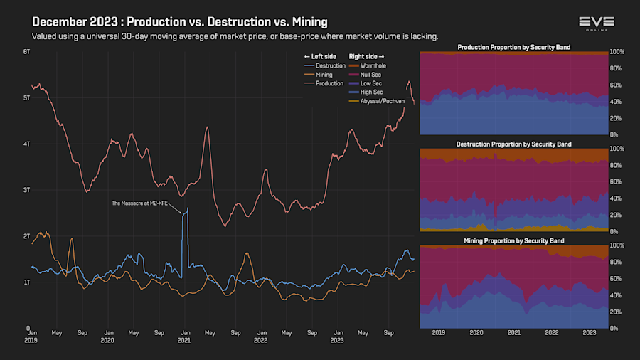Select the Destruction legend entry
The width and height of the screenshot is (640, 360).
330,65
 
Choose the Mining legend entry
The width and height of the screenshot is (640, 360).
324,75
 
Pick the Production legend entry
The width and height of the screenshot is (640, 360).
329,83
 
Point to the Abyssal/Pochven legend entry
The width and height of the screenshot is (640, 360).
383,101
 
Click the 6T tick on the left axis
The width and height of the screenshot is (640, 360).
26,52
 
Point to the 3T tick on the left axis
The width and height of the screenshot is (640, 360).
26,190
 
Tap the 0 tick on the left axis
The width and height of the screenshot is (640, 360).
28,328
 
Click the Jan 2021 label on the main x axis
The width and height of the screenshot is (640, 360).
184,336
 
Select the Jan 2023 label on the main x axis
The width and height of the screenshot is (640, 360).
337,336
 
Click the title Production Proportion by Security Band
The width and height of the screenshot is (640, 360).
513,48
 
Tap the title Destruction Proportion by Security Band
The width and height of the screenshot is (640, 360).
513,144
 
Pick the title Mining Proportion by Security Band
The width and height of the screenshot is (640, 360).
513,241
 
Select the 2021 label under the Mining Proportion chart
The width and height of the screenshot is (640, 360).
514,332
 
